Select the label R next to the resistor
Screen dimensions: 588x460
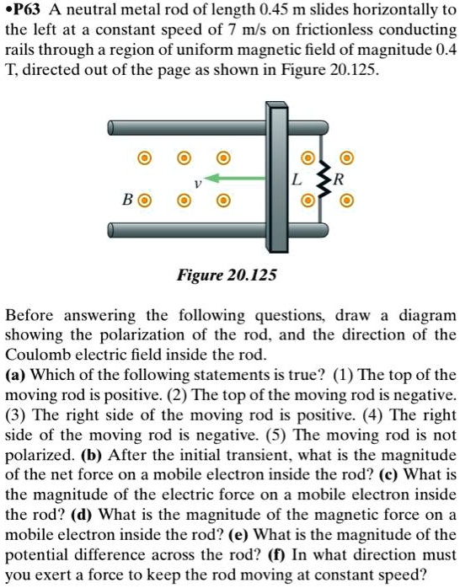339,179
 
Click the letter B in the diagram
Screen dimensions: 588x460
129,202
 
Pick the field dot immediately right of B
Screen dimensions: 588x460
145,202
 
